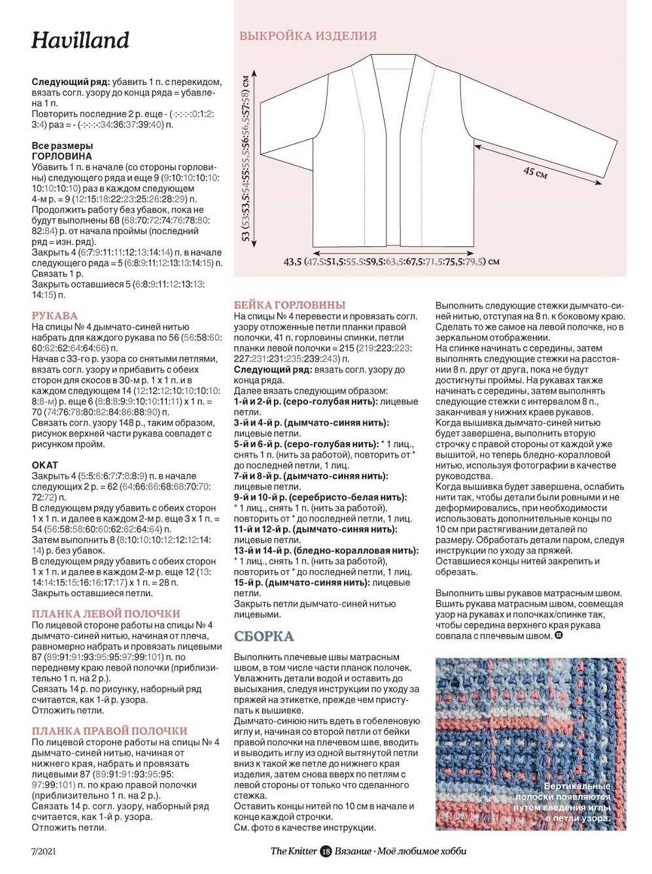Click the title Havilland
(80, 41)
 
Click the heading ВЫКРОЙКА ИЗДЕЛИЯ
(308, 37)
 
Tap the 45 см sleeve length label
(535, 173)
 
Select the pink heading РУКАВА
(54, 316)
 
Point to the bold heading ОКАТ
(44, 465)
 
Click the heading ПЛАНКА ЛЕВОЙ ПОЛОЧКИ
(106, 614)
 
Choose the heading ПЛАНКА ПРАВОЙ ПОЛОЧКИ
(109, 731)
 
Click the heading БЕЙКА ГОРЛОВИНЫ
(290, 305)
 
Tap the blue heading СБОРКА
(264, 637)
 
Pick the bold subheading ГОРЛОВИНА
(61, 156)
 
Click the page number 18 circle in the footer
(326, 851)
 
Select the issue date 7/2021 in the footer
(43, 851)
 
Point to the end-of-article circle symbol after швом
(558, 635)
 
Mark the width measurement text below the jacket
(391, 261)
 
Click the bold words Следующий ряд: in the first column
(71, 82)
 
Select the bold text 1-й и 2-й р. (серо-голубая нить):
(305, 401)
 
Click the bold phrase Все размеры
(62, 146)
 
